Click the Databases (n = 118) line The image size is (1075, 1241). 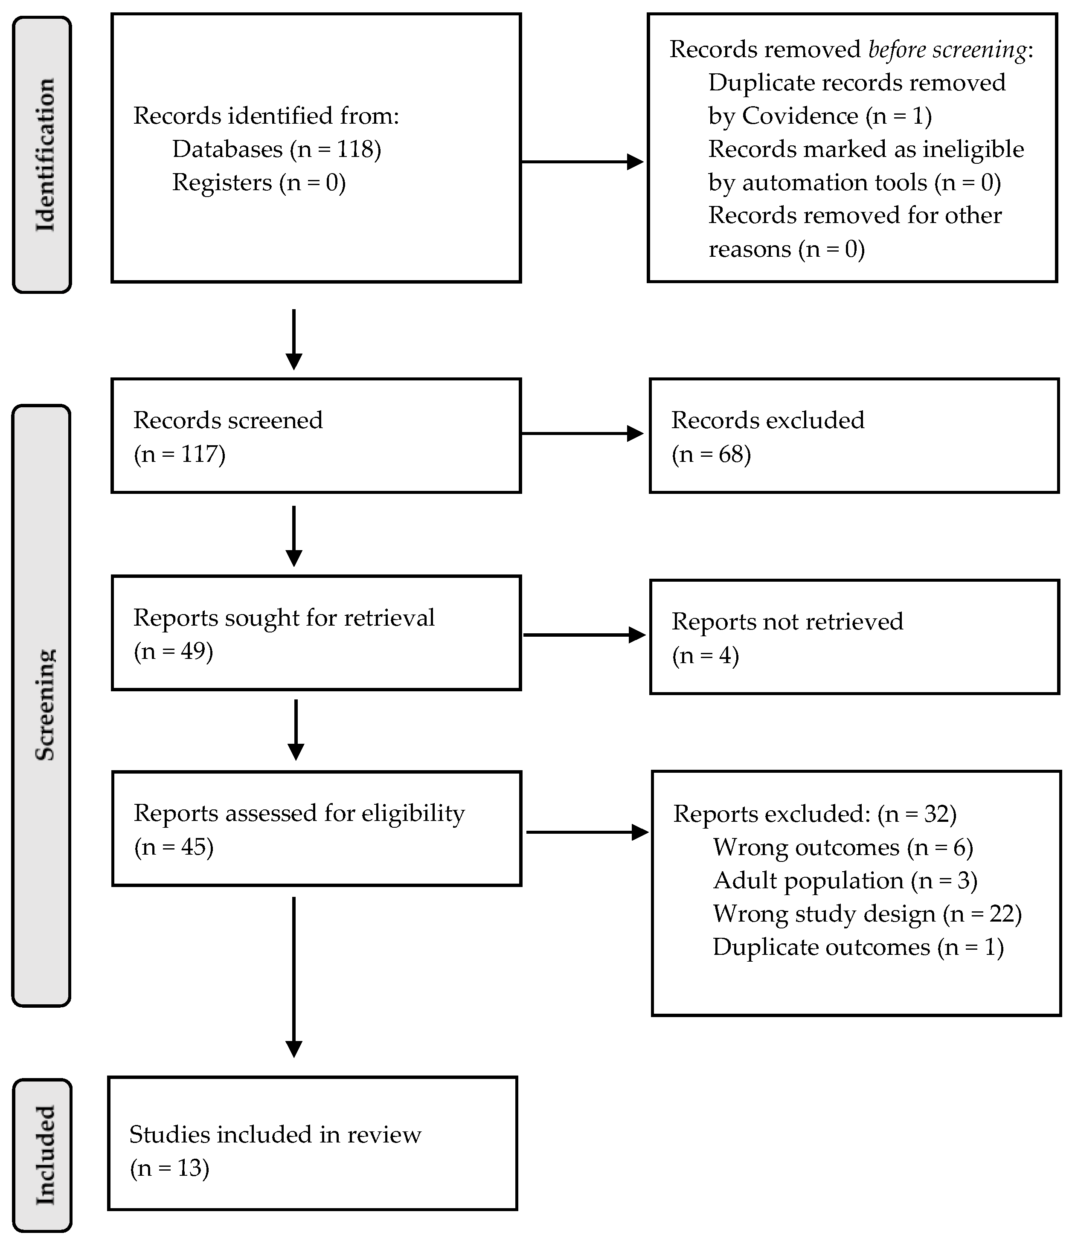tap(276, 149)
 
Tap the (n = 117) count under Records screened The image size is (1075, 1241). tap(179, 454)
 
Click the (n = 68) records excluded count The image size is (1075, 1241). tap(711, 454)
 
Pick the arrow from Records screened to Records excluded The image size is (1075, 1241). tap(582, 433)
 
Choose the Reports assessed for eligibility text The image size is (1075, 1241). tap(299, 813)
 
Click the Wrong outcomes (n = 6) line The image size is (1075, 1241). tap(842, 847)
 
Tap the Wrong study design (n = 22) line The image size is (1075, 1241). tap(867, 914)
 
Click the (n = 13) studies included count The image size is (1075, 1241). tap(169, 1168)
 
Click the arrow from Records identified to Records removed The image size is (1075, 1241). tap(582, 161)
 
